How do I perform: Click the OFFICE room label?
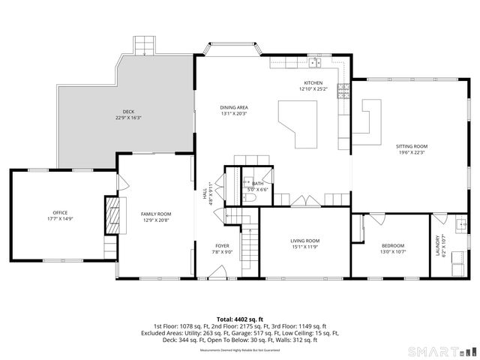60,213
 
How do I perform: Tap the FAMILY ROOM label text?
156,214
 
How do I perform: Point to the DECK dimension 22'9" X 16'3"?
128,118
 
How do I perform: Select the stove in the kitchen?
343,91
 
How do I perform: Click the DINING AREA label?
234,107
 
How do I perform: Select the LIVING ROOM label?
304,241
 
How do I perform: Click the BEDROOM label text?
393,245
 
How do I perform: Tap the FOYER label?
222,245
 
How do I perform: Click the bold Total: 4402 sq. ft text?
240,319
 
